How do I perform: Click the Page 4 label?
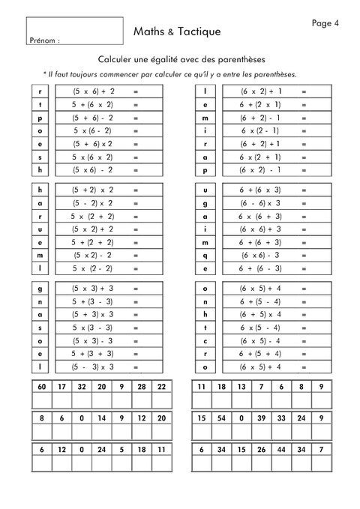click(325, 23)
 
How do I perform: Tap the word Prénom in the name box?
click(43, 40)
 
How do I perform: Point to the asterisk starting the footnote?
click(45, 74)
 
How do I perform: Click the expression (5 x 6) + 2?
click(93, 91)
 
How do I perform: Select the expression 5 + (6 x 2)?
click(93, 104)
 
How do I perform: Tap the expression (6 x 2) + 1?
click(260, 91)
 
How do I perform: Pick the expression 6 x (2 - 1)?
click(260, 130)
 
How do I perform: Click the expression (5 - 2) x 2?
click(93, 203)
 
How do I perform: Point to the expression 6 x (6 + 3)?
click(260, 216)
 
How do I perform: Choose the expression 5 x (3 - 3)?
click(93, 328)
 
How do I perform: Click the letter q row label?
click(205, 255)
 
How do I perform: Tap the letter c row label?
click(205, 340)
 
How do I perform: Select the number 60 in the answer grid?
click(42, 386)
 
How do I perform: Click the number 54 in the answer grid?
click(221, 418)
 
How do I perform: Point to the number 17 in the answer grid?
click(61, 386)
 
